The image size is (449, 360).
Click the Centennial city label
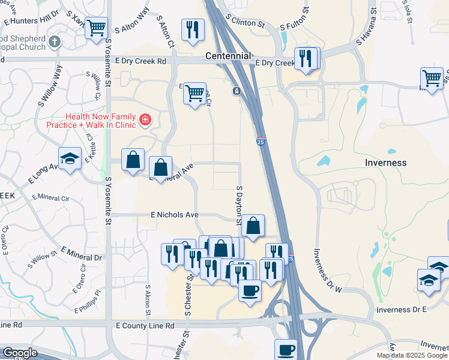(x=228, y=56)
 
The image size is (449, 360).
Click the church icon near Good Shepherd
(x=55, y=41)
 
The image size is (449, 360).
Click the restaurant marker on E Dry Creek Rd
(x=306, y=59)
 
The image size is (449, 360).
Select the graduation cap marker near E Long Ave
(x=70, y=159)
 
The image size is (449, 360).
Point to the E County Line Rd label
(x=145, y=325)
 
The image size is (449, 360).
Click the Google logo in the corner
(x=19, y=353)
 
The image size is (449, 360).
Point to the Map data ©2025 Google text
(x=412, y=355)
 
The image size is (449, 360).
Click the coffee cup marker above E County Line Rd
(x=250, y=291)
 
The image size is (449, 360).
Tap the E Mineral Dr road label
(x=81, y=253)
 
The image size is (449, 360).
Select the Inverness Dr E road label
(x=400, y=309)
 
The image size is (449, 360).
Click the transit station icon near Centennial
(x=237, y=91)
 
